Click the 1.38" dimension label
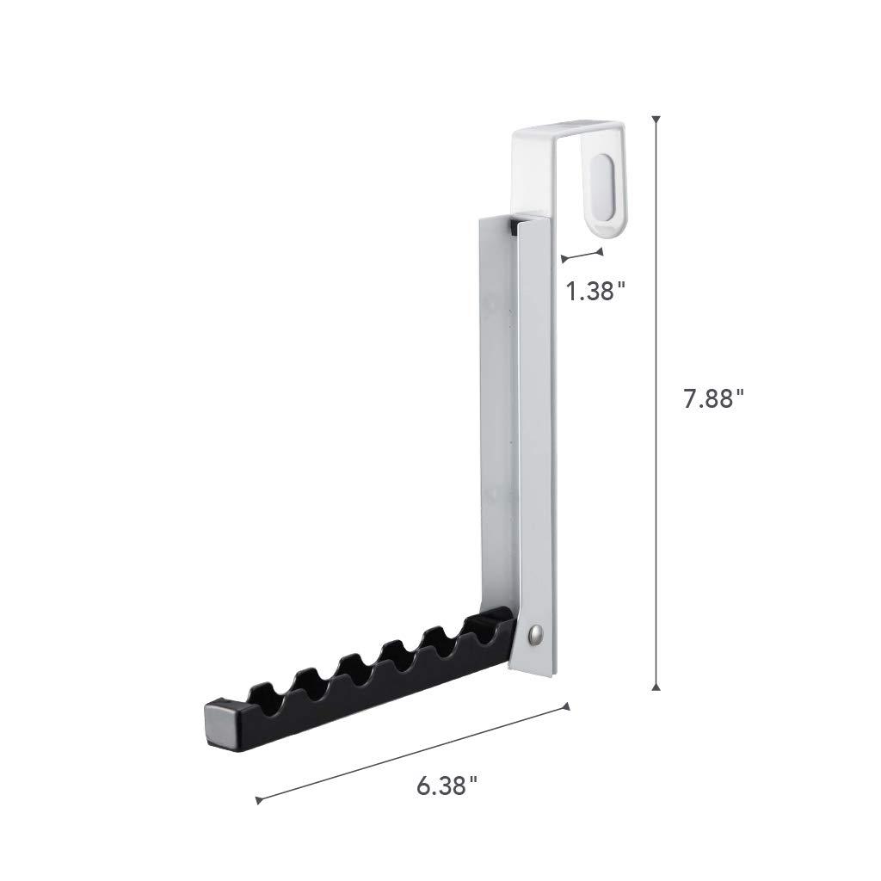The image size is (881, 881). click(x=595, y=291)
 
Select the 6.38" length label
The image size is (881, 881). click(x=447, y=784)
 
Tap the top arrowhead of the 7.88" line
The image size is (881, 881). click(x=656, y=120)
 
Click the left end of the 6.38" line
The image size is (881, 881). click(x=258, y=801)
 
